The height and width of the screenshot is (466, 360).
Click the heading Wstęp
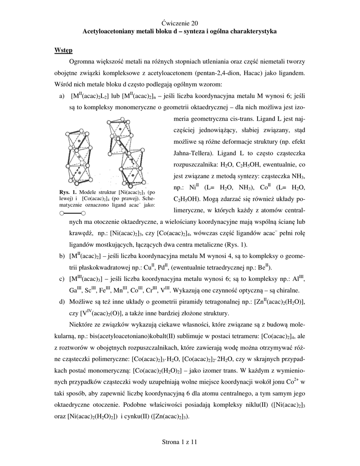63,50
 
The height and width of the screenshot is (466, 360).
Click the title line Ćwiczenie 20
179,22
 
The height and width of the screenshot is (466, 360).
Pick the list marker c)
62,278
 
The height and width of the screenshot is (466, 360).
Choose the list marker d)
62,302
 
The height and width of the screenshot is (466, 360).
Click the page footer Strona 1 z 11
179,441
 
